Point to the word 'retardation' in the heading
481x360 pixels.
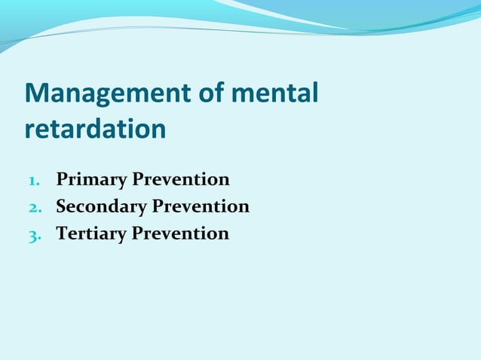click(x=95, y=129)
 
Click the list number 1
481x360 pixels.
click(x=34, y=181)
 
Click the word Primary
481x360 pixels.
click(x=92, y=180)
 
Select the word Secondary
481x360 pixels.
click(x=101, y=206)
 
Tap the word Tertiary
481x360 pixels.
click(x=91, y=233)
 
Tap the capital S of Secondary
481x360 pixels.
click(x=61, y=206)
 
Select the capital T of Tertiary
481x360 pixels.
click(x=62, y=233)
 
